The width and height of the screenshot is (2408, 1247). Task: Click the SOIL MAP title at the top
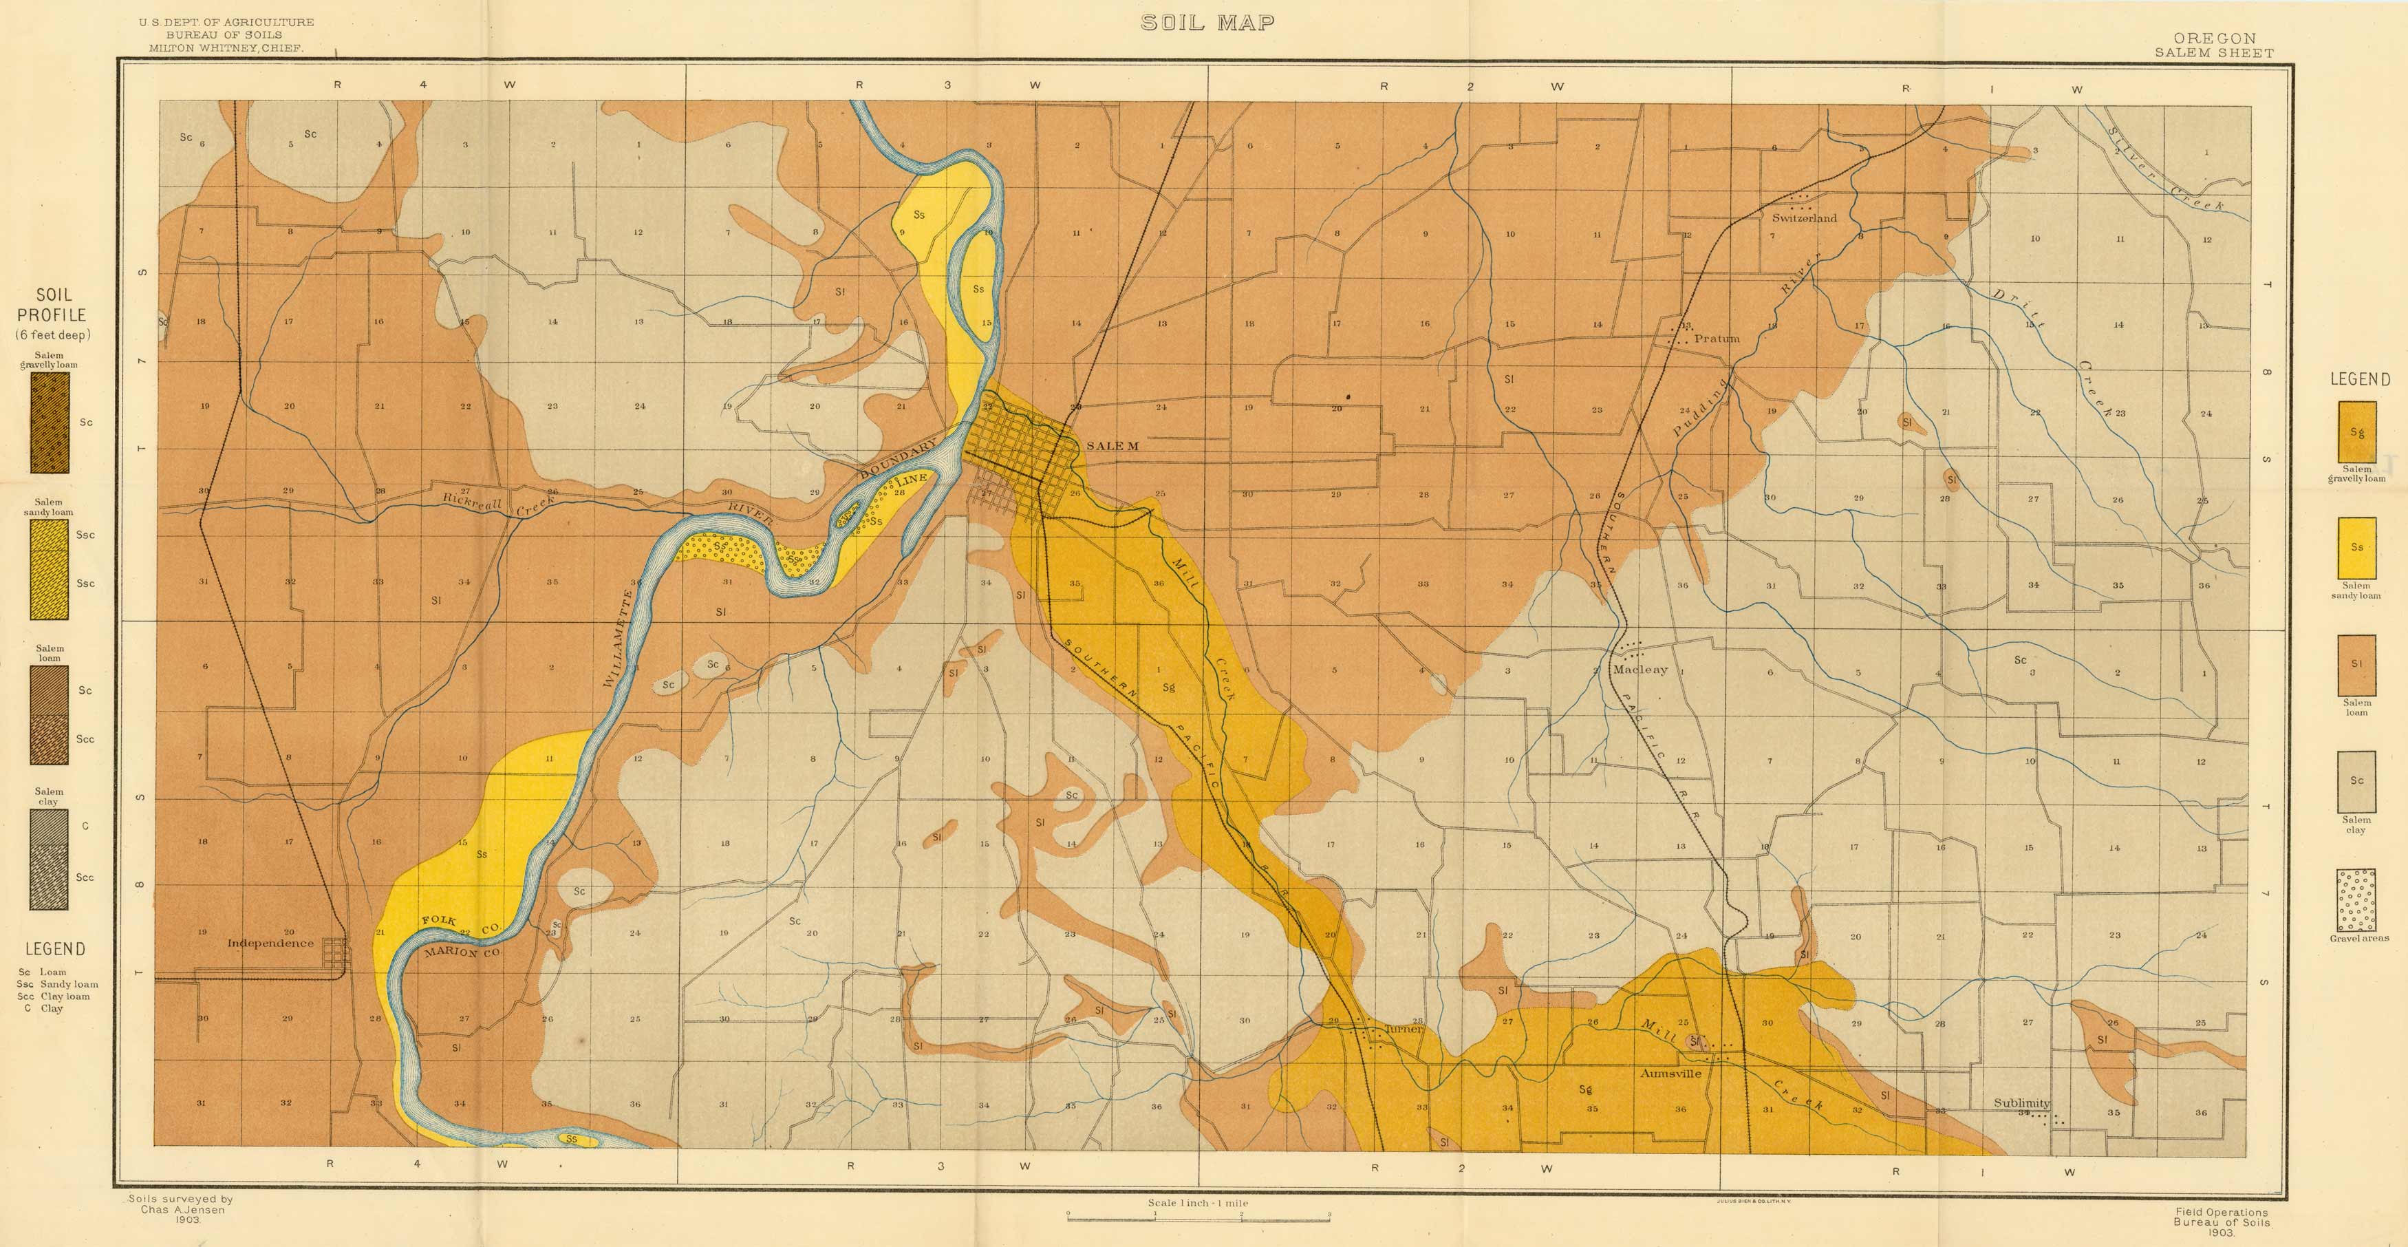1207,23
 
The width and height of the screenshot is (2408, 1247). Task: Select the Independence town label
270,944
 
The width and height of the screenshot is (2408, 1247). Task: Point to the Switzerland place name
1804,217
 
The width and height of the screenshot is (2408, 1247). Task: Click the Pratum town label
1717,339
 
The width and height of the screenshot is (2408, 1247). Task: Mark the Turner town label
1403,1028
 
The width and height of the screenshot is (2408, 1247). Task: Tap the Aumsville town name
1670,1073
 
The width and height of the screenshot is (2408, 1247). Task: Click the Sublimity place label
2021,1103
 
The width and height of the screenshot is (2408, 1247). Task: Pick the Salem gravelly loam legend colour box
2356,432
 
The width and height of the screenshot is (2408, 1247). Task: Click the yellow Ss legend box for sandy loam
2356,548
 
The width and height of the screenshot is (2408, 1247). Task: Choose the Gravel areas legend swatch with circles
2356,899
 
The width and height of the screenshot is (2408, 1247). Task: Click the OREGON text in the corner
2213,39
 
